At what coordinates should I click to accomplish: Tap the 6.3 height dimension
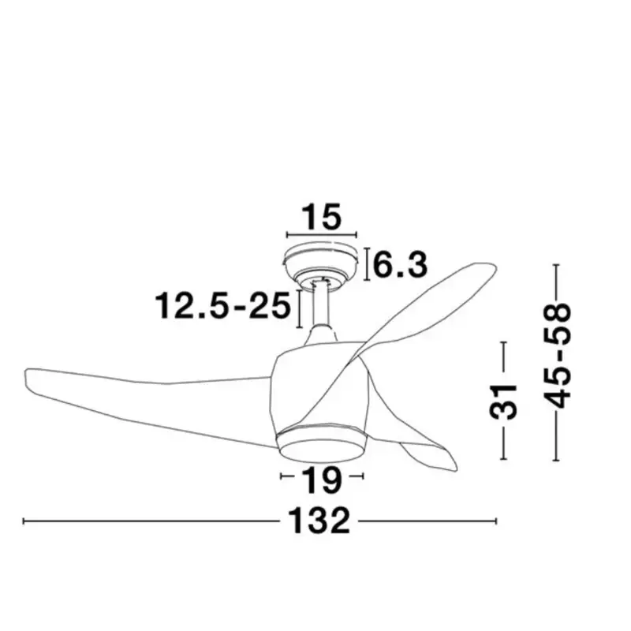pos(400,265)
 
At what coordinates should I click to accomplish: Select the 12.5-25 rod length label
pos(223,305)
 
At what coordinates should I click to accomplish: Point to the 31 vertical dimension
pos(502,401)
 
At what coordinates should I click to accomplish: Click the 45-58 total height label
pos(557,356)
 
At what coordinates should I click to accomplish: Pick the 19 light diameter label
pos(322,480)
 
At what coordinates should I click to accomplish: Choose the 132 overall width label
pos(319,521)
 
